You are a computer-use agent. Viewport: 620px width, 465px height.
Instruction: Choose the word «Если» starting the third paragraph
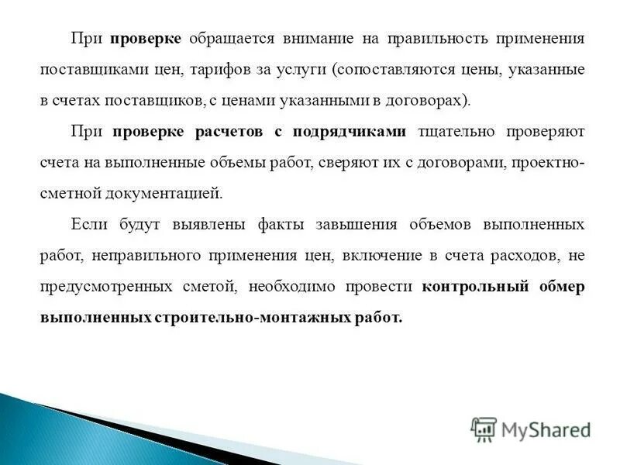click(x=87, y=225)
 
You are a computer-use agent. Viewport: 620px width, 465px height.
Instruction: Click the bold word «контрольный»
click(x=475, y=287)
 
